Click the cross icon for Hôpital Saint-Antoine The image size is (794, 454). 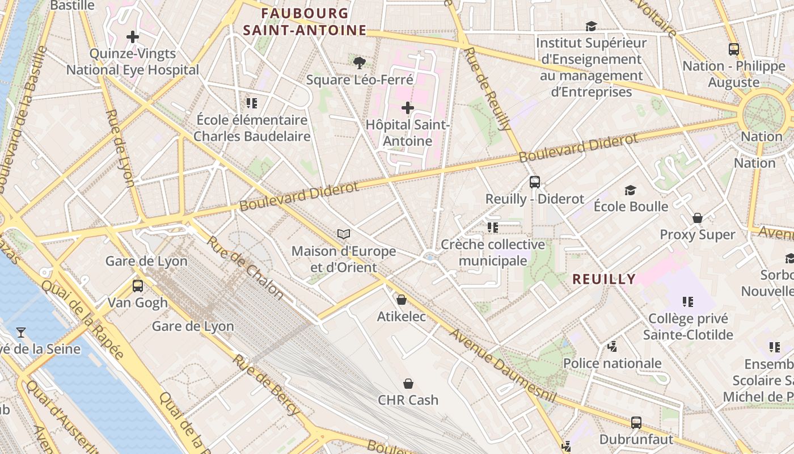pyautogui.click(x=407, y=107)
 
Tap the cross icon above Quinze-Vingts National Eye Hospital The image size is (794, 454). pyautogui.click(x=133, y=37)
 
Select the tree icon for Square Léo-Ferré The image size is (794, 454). pyautogui.click(x=359, y=62)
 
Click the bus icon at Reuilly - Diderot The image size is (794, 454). pyautogui.click(x=534, y=182)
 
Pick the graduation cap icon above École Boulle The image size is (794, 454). pyautogui.click(x=630, y=190)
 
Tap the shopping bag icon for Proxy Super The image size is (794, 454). pyautogui.click(x=697, y=218)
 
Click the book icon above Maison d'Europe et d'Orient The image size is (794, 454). pyautogui.click(x=344, y=234)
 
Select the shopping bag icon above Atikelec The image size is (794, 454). pyautogui.click(x=401, y=299)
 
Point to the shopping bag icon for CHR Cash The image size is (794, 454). pyautogui.click(x=408, y=384)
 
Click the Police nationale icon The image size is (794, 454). pyautogui.click(x=611, y=346)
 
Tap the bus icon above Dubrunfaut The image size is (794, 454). pyautogui.click(x=636, y=422)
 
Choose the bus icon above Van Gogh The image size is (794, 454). pyautogui.click(x=137, y=285)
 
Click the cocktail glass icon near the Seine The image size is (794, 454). pyautogui.click(x=21, y=332)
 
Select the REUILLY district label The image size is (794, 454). pyautogui.click(x=603, y=279)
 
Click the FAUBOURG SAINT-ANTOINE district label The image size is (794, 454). pyautogui.click(x=305, y=22)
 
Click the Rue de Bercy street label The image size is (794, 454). pyautogui.click(x=265, y=385)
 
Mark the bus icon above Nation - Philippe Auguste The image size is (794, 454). pyautogui.click(x=733, y=49)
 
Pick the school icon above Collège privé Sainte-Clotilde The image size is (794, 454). pyautogui.click(x=687, y=301)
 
